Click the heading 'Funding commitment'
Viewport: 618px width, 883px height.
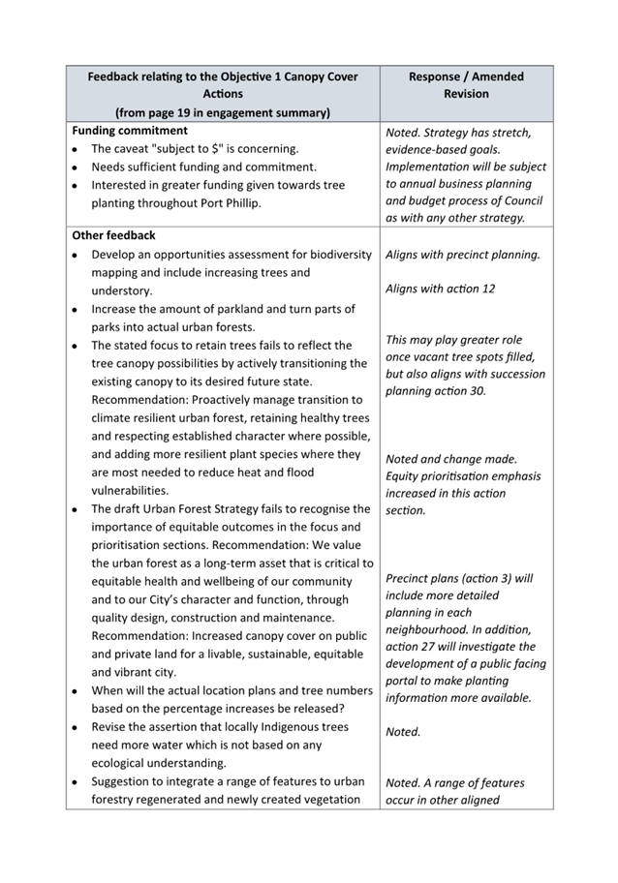(130, 131)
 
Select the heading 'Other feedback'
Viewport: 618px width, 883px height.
(113, 235)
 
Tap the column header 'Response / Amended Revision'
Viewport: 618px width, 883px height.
(466, 85)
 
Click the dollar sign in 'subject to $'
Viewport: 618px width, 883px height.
(254, 149)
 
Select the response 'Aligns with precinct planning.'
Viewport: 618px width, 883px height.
(463, 256)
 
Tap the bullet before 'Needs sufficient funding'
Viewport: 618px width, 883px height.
(76, 167)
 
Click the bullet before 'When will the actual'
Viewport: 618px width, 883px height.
(76, 692)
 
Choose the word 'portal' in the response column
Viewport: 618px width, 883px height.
(404, 681)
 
